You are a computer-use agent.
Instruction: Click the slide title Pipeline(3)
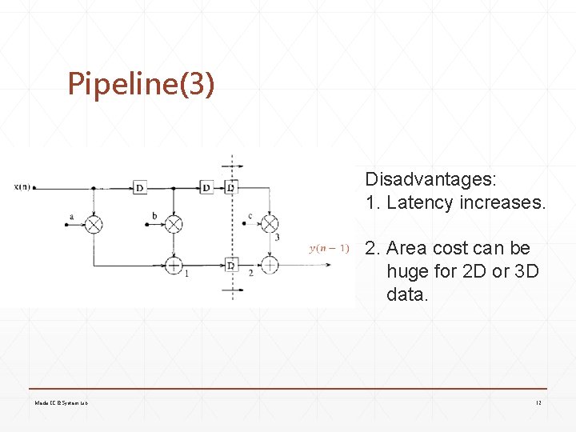click(141, 83)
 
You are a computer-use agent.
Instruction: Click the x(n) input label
click(22, 188)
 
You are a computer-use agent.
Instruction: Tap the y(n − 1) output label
click(329, 249)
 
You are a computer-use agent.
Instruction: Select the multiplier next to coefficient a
click(94, 225)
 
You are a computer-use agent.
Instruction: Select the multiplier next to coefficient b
click(173, 225)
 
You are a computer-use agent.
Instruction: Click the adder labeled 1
click(174, 264)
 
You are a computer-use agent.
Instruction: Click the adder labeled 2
click(270, 264)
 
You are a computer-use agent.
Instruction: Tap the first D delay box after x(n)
click(139, 188)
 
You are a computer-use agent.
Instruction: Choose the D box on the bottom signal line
click(230, 264)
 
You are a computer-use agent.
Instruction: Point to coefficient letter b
click(154, 216)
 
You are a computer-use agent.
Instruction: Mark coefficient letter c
click(250, 215)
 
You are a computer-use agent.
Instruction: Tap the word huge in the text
click(407, 271)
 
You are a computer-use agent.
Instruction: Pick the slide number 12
click(538, 402)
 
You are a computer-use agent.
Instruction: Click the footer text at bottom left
click(61, 402)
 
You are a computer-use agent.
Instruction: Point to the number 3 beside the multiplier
click(277, 237)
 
